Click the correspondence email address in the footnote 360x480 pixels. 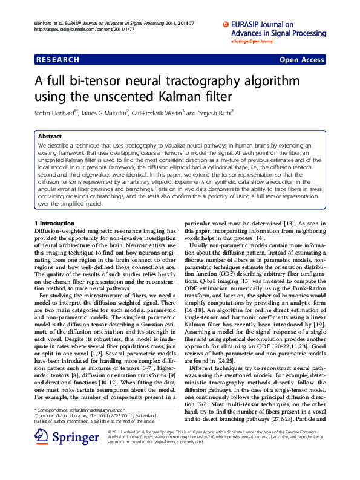(x=97, y=410)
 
